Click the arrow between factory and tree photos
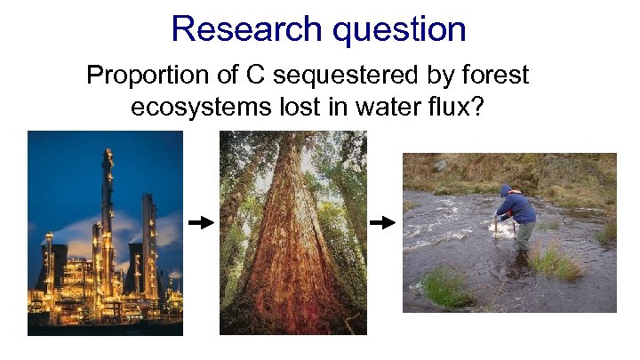tap(202, 223)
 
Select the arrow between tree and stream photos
tap(382, 223)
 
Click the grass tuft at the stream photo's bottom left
tap(444, 287)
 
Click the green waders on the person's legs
tap(525, 234)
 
